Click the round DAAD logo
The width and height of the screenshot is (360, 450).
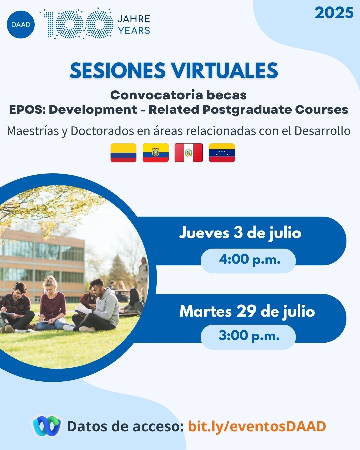pos(21,25)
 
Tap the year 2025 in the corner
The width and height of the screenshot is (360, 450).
pos(334,13)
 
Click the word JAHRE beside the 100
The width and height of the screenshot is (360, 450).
pos(134,19)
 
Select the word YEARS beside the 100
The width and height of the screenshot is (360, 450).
pos(134,31)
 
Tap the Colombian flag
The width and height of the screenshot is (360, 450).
pos(123,153)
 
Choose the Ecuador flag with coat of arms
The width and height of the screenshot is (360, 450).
pos(156,153)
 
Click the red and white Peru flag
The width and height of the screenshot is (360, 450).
pos(188,153)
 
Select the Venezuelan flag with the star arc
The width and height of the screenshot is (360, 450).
pos(222,153)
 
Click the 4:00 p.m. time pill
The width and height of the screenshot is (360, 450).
pos(248,261)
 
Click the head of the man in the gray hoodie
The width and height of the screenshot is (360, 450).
pos(98,286)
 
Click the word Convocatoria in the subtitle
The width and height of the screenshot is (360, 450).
pos(156,95)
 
